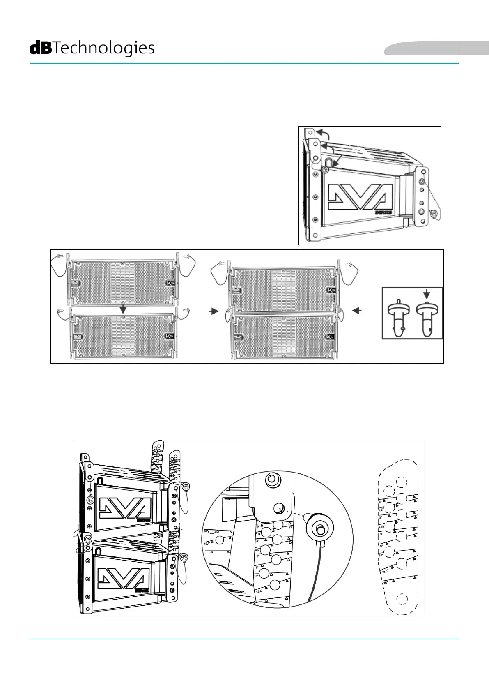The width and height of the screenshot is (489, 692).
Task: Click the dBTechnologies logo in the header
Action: pos(92,48)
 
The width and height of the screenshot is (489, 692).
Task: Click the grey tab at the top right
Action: pos(436,48)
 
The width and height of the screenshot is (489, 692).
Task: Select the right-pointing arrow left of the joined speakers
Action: pos(214,311)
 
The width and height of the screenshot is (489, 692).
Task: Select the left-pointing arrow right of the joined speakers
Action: pos(357,311)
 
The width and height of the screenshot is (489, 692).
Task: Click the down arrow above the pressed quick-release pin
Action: pos(427,293)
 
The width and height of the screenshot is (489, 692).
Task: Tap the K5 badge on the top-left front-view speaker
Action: pos(170,283)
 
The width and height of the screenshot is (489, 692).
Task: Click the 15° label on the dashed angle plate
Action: pos(385,583)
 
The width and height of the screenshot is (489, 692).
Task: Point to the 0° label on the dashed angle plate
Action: pos(380,502)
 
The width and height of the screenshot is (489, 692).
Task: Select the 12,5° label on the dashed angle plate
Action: pos(385,572)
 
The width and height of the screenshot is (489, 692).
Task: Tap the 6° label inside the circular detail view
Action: pos(257,556)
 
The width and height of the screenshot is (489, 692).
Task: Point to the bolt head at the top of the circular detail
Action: pos(271,479)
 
